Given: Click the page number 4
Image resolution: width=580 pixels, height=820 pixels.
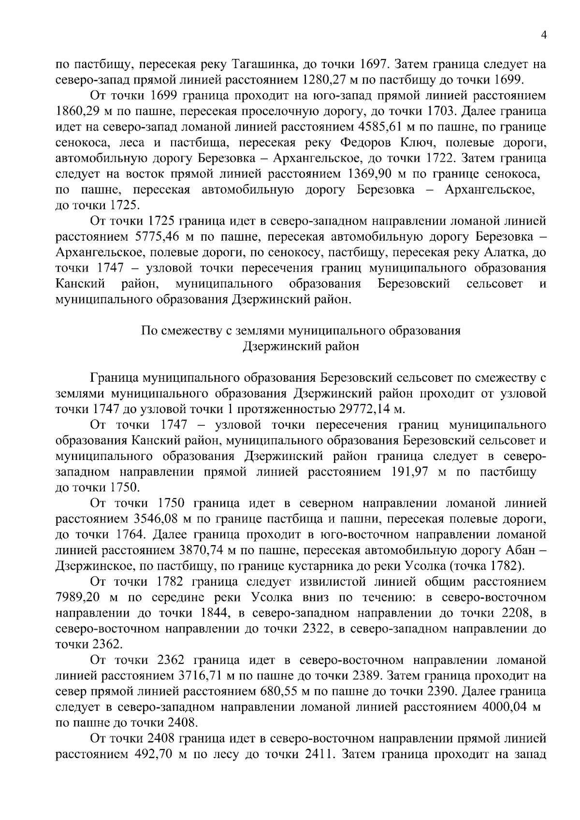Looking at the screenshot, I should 544,35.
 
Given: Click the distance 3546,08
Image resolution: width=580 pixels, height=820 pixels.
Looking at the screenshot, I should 154,519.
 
